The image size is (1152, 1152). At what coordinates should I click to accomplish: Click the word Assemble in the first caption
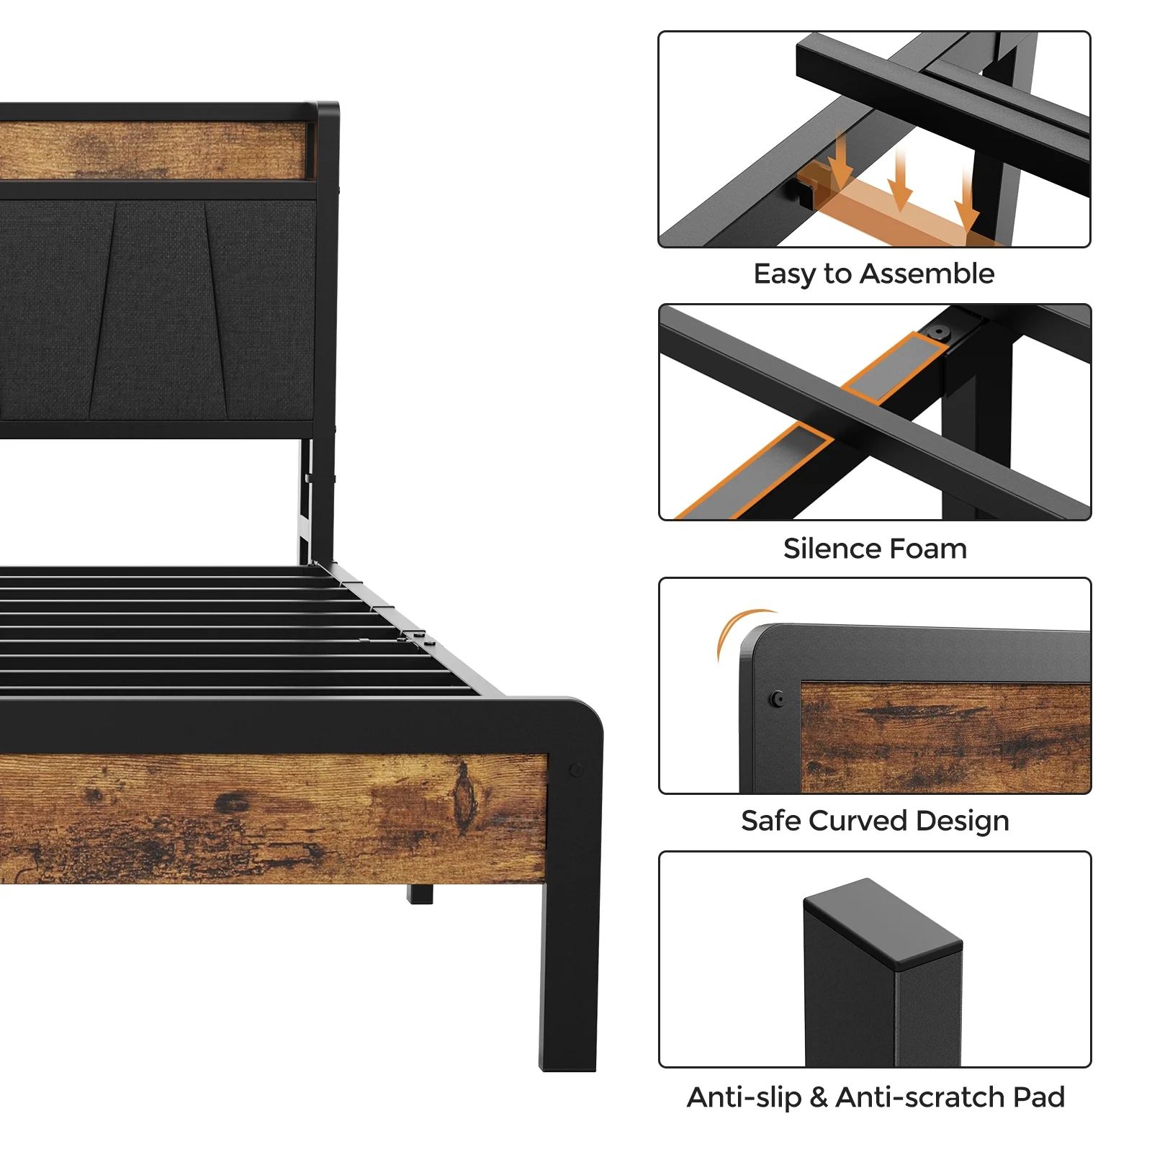click(927, 274)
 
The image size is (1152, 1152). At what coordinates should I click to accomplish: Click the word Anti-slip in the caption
click(744, 1098)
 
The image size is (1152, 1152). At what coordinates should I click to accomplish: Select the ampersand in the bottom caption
click(819, 1097)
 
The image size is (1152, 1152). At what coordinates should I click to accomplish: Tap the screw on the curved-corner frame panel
click(777, 698)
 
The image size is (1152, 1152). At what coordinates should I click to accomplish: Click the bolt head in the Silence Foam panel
click(938, 333)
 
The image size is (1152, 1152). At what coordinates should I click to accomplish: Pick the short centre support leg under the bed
click(420, 894)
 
